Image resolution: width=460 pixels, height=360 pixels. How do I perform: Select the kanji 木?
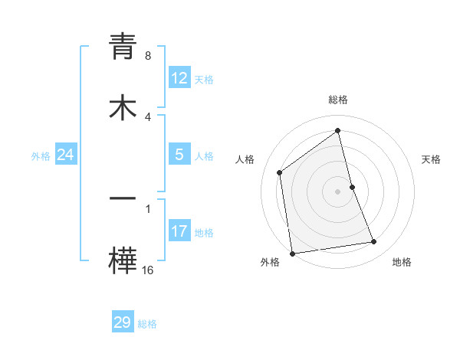pos(123,107)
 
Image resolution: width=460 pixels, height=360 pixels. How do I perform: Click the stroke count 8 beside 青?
pos(148,56)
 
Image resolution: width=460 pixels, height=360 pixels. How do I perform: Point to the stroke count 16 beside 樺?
pos(148,270)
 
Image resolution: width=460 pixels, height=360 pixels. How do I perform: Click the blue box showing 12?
pos(179,78)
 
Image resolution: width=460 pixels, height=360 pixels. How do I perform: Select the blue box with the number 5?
pos(179,155)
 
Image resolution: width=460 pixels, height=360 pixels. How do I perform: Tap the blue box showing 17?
pos(179,231)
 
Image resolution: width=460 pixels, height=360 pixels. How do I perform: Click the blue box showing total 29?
pos(123,322)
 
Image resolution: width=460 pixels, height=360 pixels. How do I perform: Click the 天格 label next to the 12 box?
pos(204,80)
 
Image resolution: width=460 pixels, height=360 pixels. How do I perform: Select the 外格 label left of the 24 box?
pos(41,156)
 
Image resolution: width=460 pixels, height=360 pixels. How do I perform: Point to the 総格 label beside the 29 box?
pos(147,324)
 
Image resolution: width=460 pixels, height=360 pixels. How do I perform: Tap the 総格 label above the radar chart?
pos(338,100)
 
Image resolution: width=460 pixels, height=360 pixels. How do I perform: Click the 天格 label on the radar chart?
pos(431,159)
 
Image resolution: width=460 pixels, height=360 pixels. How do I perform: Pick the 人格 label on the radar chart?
pos(245,159)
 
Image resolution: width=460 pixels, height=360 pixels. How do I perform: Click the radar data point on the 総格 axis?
pos(338,131)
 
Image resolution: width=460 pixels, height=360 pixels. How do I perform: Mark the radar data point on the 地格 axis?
pos(374,242)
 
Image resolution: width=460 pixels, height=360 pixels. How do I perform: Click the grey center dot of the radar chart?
pos(338,191)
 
